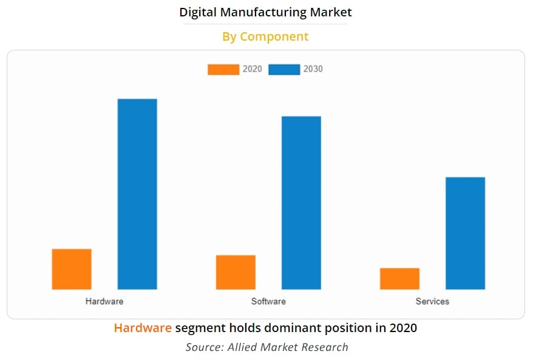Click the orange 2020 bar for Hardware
tap(72, 269)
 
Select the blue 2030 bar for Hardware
tap(137, 194)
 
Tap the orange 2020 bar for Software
tap(236, 272)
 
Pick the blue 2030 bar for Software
tap(301, 203)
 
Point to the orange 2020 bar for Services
tap(399, 279)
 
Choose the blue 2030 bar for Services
tap(465, 233)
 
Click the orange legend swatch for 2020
tap(223, 69)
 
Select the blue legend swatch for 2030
tap(284, 69)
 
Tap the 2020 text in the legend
tap(253, 69)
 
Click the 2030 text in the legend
tap(313, 69)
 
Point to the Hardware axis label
tap(104, 301)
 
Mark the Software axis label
tap(268, 301)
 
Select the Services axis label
tap(432, 301)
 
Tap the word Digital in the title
tap(199, 12)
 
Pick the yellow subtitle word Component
tap(274, 37)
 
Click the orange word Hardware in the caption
tap(143, 328)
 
